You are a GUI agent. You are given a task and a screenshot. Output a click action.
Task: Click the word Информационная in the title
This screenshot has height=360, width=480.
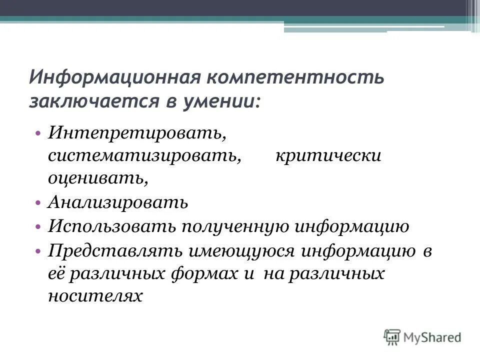click(114, 78)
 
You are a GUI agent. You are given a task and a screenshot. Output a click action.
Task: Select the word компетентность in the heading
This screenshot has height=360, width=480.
click(294, 78)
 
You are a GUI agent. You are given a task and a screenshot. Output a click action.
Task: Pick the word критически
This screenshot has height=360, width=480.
click(328, 156)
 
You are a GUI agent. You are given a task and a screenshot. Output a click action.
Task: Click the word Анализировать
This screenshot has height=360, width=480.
click(118, 202)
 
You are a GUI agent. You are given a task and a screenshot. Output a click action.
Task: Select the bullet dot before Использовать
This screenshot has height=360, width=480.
click(38, 226)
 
